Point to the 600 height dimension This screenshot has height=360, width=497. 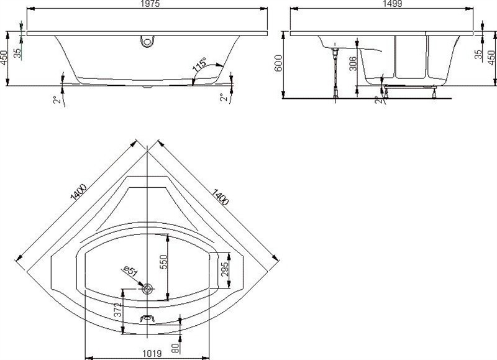[x=278, y=63]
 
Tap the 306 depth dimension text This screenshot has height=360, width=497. [x=353, y=63]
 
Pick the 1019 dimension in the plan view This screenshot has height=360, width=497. [x=152, y=353]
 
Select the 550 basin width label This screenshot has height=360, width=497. [x=163, y=262]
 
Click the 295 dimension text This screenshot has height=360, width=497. [x=225, y=269]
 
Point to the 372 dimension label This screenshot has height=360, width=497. [x=117, y=310]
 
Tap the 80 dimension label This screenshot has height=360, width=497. [x=176, y=348]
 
